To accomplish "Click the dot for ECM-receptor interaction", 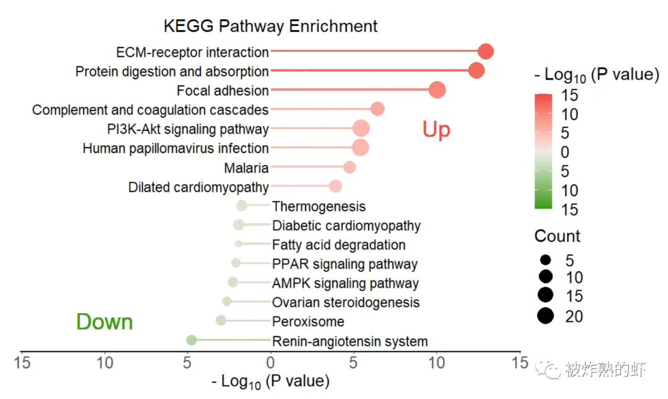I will pyautogui.click(x=486, y=52).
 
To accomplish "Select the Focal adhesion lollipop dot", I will pyautogui.click(x=437, y=90).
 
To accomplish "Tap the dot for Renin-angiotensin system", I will pyautogui.click(x=192, y=340).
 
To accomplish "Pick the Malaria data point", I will pyautogui.click(x=349, y=167).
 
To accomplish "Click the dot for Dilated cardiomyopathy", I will pyautogui.click(x=335, y=187).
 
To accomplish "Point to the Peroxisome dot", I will pyautogui.click(x=221, y=321).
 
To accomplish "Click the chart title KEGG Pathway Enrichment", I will pyautogui.click(x=270, y=27).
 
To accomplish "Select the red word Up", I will pyautogui.click(x=436, y=130).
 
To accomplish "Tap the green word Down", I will pyautogui.click(x=105, y=322).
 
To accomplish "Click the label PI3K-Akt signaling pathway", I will pyautogui.click(x=187, y=129).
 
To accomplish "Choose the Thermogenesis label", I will pyautogui.click(x=319, y=206).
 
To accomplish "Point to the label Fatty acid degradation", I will pyautogui.click(x=338, y=245).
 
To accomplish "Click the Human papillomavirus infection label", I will pyautogui.click(x=176, y=148).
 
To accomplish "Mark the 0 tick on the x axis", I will pyautogui.click(x=270, y=363).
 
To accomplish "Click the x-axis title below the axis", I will pyautogui.click(x=270, y=381).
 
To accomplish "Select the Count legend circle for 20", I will pyautogui.click(x=546, y=316).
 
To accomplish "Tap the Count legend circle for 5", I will pyautogui.click(x=546, y=260).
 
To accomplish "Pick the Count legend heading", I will pyautogui.click(x=557, y=236).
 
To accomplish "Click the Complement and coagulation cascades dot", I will pyautogui.click(x=377, y=109).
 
